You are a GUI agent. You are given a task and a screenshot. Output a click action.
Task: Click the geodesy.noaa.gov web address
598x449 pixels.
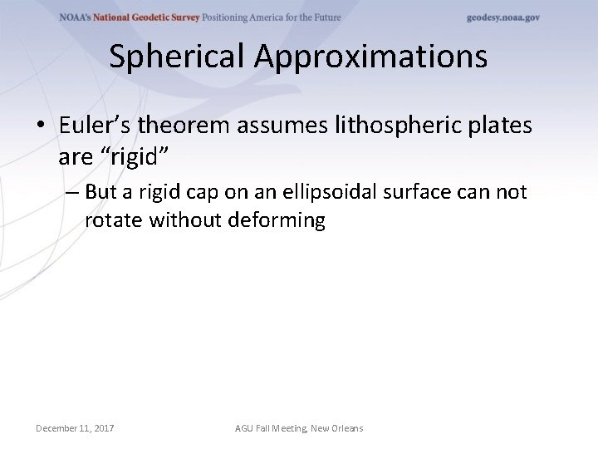click(x=503, y=17)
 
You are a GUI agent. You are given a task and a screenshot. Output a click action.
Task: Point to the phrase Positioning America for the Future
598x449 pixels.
click(x=272, y=17)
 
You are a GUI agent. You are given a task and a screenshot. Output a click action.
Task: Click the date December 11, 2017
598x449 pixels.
click(x=75, y=428)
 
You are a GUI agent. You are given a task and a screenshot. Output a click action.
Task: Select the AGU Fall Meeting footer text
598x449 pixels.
click(x=299, y=428)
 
